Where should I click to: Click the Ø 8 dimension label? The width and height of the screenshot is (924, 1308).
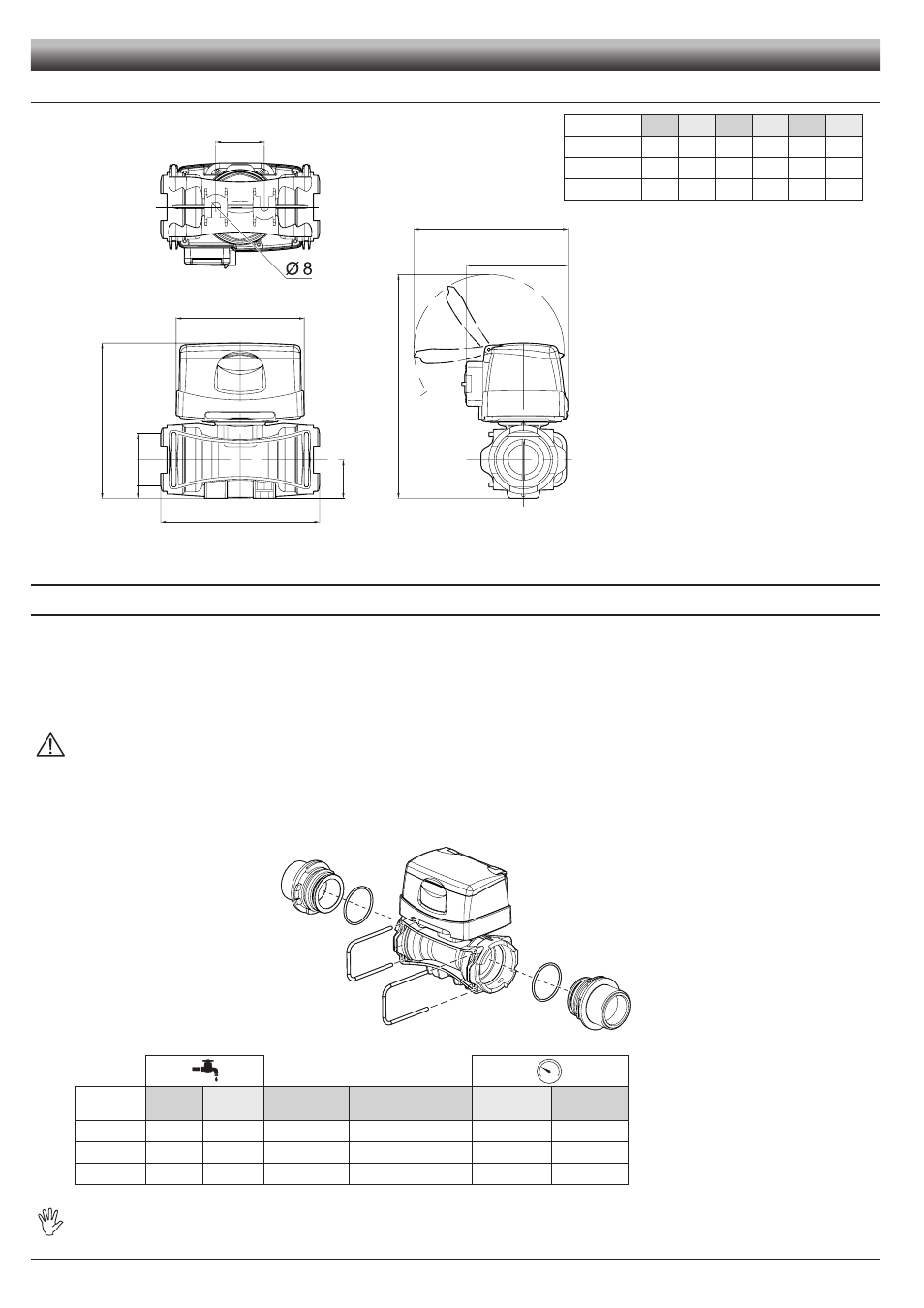click(x=299, y=268)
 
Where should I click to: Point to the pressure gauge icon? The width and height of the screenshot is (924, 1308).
click(x=548, y=1071)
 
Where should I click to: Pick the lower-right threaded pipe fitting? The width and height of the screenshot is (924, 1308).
click(x=599, y=1003)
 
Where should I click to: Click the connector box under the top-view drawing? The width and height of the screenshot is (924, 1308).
click(x=209, y=256)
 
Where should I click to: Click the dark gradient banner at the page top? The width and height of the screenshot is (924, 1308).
click(x=455, y=55)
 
